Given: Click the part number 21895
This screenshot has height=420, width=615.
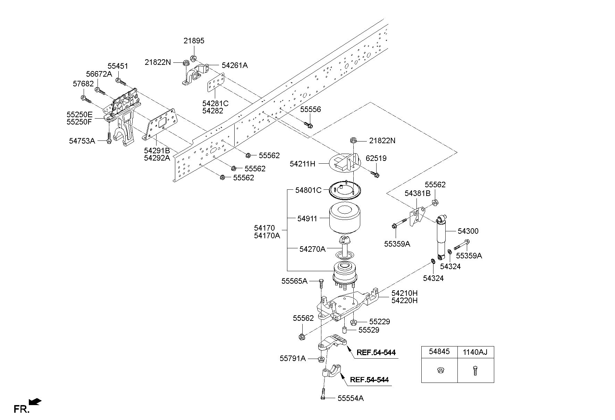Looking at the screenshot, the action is point(194,41).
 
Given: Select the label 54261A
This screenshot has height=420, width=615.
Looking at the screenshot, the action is point(235,65).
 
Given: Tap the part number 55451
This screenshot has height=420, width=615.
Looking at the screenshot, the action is point(118,66).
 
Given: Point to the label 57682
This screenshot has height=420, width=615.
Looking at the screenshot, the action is point(83,84).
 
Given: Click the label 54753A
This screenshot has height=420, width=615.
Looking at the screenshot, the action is point(82,141).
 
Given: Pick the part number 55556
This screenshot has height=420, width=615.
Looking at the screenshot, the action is point(311,110).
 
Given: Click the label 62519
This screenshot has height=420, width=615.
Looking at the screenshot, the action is point(376,158).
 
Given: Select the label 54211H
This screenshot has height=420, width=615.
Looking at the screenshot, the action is point(303,164).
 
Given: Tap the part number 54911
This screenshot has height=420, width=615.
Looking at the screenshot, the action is point(307,219).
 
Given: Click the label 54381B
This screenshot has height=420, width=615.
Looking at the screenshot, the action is point(418,193).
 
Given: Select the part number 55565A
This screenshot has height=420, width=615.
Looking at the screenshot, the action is point(294,281).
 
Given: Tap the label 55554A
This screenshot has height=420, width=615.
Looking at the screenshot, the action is point(351,398).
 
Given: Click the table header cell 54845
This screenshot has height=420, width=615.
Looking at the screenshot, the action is point(439,352).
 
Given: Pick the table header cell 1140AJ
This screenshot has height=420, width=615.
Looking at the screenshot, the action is point(475,352).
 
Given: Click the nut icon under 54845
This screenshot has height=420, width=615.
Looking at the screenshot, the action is point(439,371).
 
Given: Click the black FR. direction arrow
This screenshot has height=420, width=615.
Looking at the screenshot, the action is point(35,402).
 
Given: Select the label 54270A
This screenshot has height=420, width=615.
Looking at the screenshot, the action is point(312,249).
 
